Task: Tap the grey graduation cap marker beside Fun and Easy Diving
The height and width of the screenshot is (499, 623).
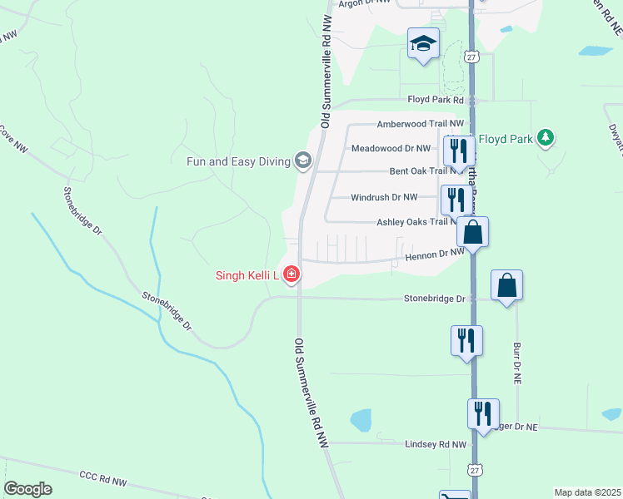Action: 303,161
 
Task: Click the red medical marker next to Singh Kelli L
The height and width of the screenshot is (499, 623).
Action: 291,273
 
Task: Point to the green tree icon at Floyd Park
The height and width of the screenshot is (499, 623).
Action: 546,138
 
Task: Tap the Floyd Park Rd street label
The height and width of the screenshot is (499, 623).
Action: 435,100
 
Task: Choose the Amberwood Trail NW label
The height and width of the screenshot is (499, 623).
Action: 408,124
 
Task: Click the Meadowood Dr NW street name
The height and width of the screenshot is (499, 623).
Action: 391,148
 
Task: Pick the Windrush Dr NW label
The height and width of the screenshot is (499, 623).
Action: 384,197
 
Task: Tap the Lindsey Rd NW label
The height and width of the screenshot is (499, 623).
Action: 436,445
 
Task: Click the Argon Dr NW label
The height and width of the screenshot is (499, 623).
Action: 364,3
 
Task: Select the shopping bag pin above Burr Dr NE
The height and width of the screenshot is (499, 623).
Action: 506,285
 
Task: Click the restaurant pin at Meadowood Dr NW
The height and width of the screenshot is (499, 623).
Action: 458,151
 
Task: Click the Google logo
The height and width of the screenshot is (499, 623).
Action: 27,489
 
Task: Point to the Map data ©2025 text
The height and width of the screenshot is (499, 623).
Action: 586,492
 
